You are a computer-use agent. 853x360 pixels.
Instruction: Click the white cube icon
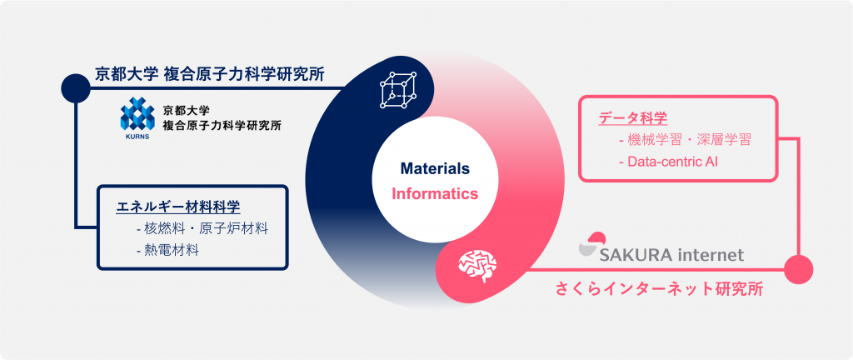[397, 90]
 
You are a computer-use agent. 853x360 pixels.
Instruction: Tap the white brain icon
[477, 265]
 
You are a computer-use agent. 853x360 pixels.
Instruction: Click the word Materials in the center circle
[435, 168]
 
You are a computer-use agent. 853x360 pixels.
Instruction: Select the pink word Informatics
[435, 193]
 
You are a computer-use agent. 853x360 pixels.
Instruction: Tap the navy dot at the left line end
[76, 87]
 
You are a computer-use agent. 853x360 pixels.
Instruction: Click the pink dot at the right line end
[799, 269]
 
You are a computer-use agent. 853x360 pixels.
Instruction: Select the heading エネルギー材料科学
[178, 207]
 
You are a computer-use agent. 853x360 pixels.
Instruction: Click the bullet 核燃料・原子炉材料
[202, 228]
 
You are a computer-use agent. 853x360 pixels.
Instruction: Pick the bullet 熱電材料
[167, 250]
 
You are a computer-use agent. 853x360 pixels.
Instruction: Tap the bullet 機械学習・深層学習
[685, 140]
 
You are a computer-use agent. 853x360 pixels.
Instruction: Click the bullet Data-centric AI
[668, 162]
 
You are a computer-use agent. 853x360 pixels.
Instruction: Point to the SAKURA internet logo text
[671, 255]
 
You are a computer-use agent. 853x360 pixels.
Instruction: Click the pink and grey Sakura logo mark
[593, 243]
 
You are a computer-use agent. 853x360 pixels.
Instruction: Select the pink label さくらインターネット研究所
[659, 289]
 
